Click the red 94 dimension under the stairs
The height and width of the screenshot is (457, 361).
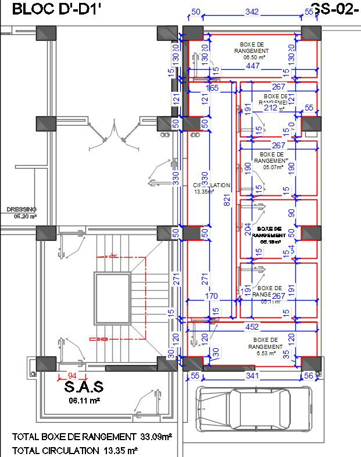click(x=72, y=376)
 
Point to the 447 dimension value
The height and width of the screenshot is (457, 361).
click(x=252, y=66)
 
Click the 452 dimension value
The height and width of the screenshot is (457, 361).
click(x=253, y=326)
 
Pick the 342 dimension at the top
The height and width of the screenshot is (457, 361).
click(x=251, y=12)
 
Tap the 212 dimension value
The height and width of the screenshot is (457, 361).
click(x=270, y=107)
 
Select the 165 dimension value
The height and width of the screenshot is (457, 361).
click(x=212, y=88)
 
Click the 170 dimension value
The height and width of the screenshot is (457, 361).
click(x=212, y=297)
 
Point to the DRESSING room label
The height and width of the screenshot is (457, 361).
click(x=22, y=209)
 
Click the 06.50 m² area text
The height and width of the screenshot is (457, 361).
click(x=254, y=57)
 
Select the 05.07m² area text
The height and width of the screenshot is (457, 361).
click(x=271, y=167)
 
